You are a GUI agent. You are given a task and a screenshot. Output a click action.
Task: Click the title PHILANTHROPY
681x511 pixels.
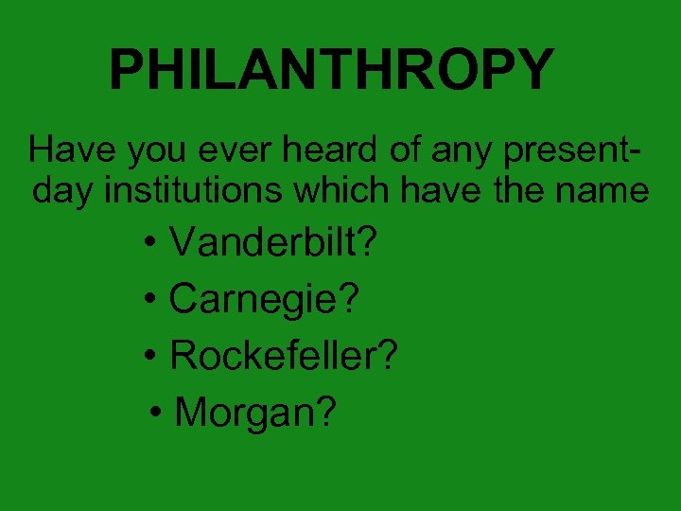331,69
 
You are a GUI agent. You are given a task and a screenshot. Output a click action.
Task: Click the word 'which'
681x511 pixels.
341,191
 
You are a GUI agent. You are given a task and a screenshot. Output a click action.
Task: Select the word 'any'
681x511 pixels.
428,151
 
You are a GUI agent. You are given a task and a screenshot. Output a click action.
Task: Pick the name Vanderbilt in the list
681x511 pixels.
263,243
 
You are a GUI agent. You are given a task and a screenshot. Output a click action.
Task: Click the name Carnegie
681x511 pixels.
253,301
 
